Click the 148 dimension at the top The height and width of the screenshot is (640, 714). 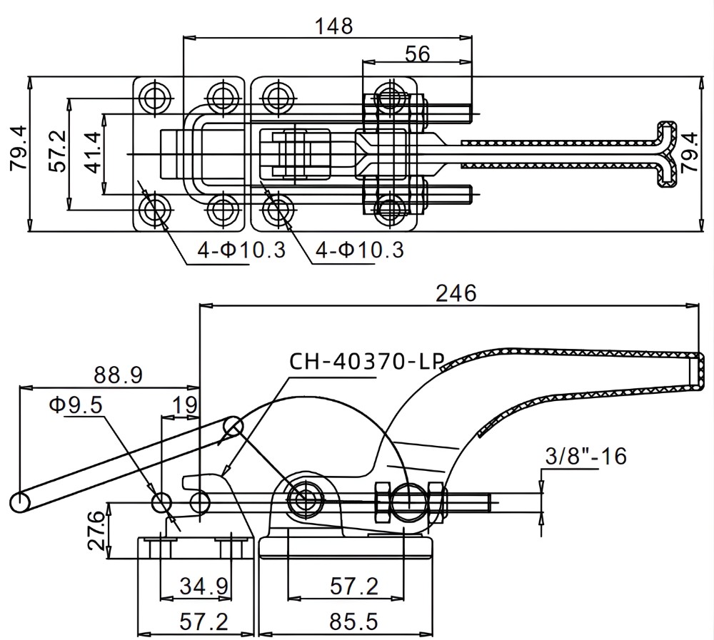[x=334, y=26]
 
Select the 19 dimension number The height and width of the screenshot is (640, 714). [x=185, y=405]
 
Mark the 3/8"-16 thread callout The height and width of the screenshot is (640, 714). [x=585, y=455]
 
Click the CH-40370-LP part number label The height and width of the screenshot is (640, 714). [x=366, y=361]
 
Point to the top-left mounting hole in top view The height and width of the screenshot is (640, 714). [x=154, y=96]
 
